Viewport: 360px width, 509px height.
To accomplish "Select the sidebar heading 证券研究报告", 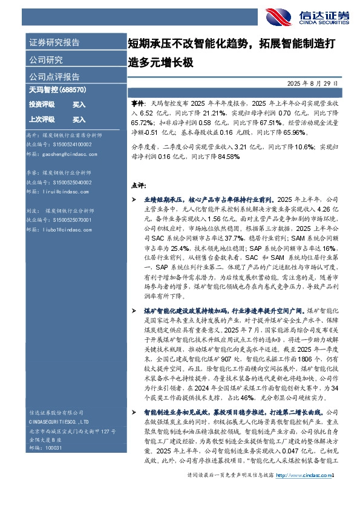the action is (54, 42).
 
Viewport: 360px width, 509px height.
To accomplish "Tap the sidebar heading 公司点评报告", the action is (54, 77).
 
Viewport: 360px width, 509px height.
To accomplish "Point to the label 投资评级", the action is (42, 105).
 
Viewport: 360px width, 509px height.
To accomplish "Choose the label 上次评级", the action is (42, 119).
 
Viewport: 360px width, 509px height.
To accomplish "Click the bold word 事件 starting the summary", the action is (137, 104).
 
